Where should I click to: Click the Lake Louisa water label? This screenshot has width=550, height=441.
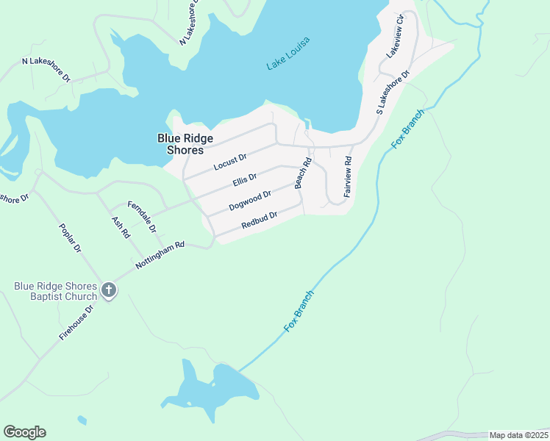coord(288,53)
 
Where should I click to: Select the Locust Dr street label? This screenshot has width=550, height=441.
coord(230,162)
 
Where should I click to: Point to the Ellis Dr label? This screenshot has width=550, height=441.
coord(244,179)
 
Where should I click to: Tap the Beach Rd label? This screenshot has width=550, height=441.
coord(300,173)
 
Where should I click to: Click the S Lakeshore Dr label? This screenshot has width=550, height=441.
coord(392,94)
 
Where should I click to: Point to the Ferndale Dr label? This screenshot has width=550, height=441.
coord(142,216)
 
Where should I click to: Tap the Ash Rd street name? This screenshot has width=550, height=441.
coord(121,227)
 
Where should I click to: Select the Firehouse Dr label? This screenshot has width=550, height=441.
coord(77,323)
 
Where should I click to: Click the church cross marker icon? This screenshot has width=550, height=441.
coord(108,290)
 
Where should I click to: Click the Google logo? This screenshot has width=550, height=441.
coord(24,432)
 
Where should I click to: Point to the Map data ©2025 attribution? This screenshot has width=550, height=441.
coord(518,435)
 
